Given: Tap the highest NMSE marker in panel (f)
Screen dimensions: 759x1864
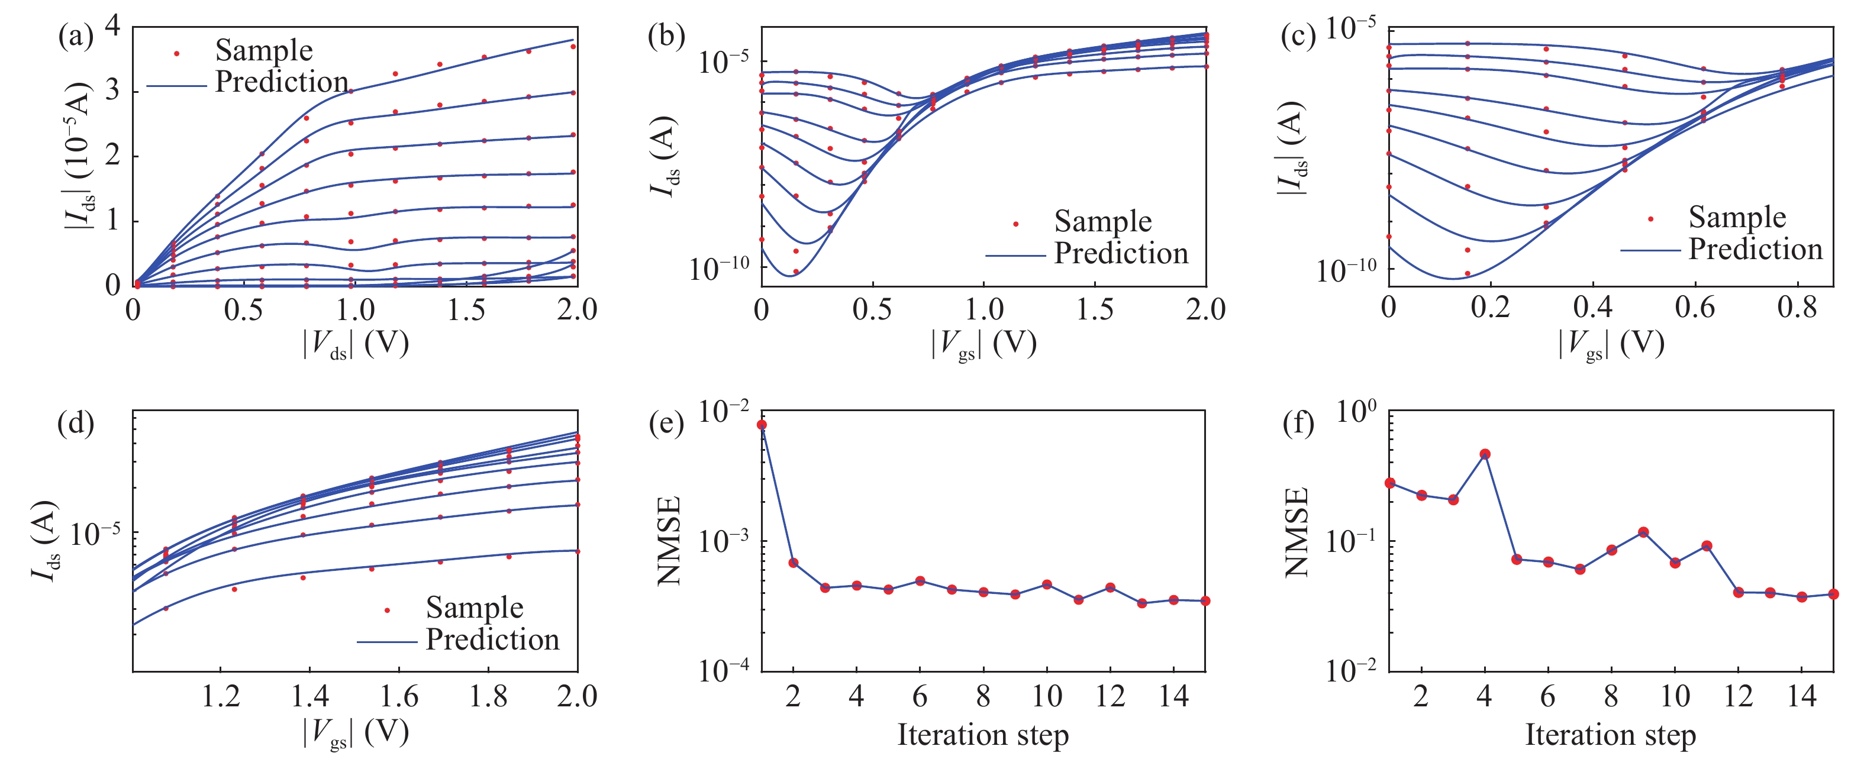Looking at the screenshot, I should [1485, 454].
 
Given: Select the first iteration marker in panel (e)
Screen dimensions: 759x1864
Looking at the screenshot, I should [761, 425].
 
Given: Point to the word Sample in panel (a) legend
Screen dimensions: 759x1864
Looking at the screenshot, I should [264, 51].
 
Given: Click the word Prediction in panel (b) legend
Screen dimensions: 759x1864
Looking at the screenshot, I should [1121, 253].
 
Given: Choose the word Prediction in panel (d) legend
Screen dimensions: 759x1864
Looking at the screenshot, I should [493, 640].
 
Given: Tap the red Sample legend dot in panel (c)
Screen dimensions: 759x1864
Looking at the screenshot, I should [1650, 218].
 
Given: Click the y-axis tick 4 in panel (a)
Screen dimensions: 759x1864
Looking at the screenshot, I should [113, 26].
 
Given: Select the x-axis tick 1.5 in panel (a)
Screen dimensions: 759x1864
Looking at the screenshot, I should [466, 311].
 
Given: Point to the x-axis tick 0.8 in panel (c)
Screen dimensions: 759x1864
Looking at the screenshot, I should [1797, 308].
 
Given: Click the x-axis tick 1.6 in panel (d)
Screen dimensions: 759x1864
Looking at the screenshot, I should [399, 696].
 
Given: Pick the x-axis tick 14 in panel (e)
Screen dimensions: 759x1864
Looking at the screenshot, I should [1173, 696].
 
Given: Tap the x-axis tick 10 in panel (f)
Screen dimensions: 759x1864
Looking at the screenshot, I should [1675, 696].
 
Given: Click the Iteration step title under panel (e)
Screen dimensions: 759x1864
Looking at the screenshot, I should [983, 735].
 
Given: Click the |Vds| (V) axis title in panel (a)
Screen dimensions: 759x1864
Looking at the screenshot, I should [355, 344].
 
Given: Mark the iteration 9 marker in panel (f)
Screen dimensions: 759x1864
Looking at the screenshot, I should [1643, 532].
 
